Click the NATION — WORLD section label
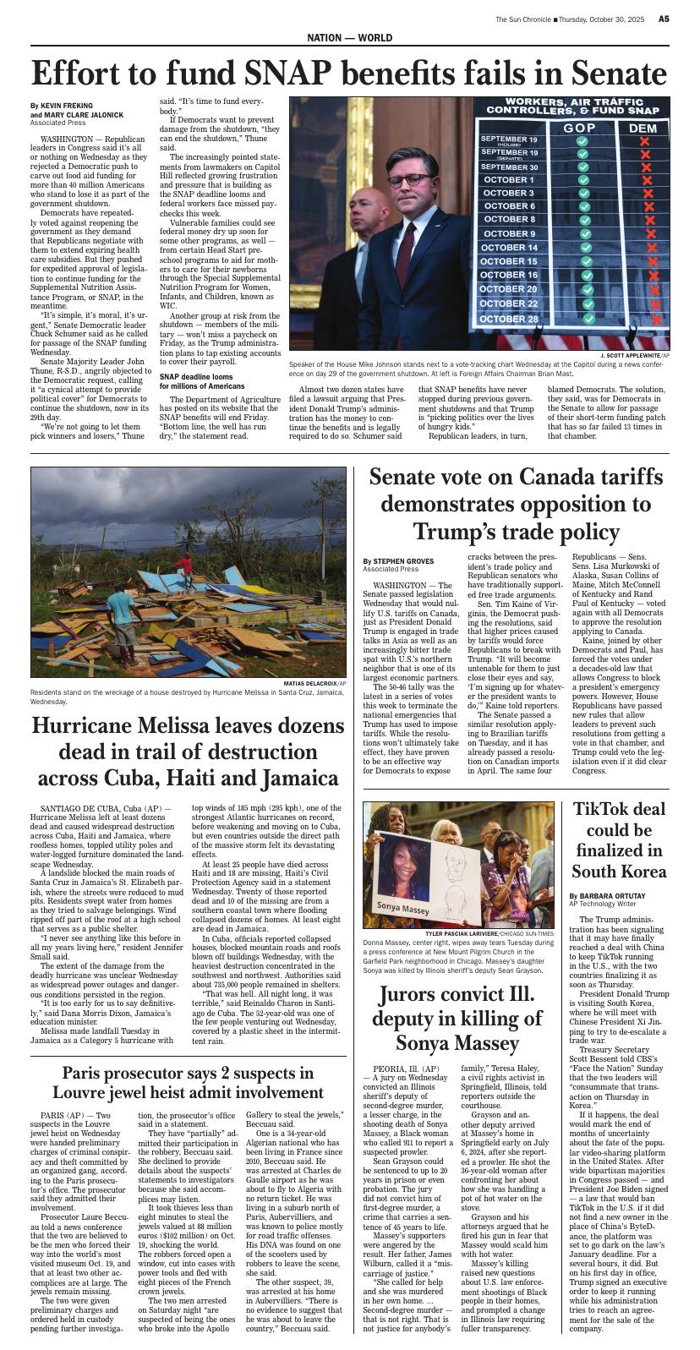(349, 39)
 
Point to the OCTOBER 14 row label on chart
(509, 248)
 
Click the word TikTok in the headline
(606, 809)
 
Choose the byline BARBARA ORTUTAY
(613, 895)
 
